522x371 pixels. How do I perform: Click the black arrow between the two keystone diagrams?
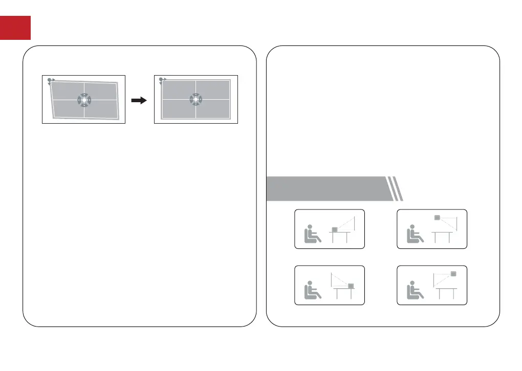tap(139, 101)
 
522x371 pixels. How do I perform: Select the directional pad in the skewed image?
tap(83, 100)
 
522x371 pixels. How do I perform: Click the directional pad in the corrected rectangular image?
tap(195, 99)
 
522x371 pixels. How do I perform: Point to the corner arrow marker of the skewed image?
tap(50, 81)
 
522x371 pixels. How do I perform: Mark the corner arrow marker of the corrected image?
tap(162, 80)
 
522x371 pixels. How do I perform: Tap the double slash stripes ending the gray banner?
tap(395, 189)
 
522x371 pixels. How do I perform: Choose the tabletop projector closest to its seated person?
tap(335, 230)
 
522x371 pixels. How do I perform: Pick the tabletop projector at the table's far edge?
tap(351, 286)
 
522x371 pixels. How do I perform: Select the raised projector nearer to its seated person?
tap(437, 218)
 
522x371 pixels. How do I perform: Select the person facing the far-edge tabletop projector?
tap(312, 290)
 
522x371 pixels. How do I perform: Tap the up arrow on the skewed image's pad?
tap(83, 95)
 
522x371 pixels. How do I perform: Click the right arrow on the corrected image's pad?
tap(201, 99)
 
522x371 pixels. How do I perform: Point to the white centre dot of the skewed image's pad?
tap(83, 100)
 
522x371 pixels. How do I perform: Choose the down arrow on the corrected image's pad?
tap(195, 104)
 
